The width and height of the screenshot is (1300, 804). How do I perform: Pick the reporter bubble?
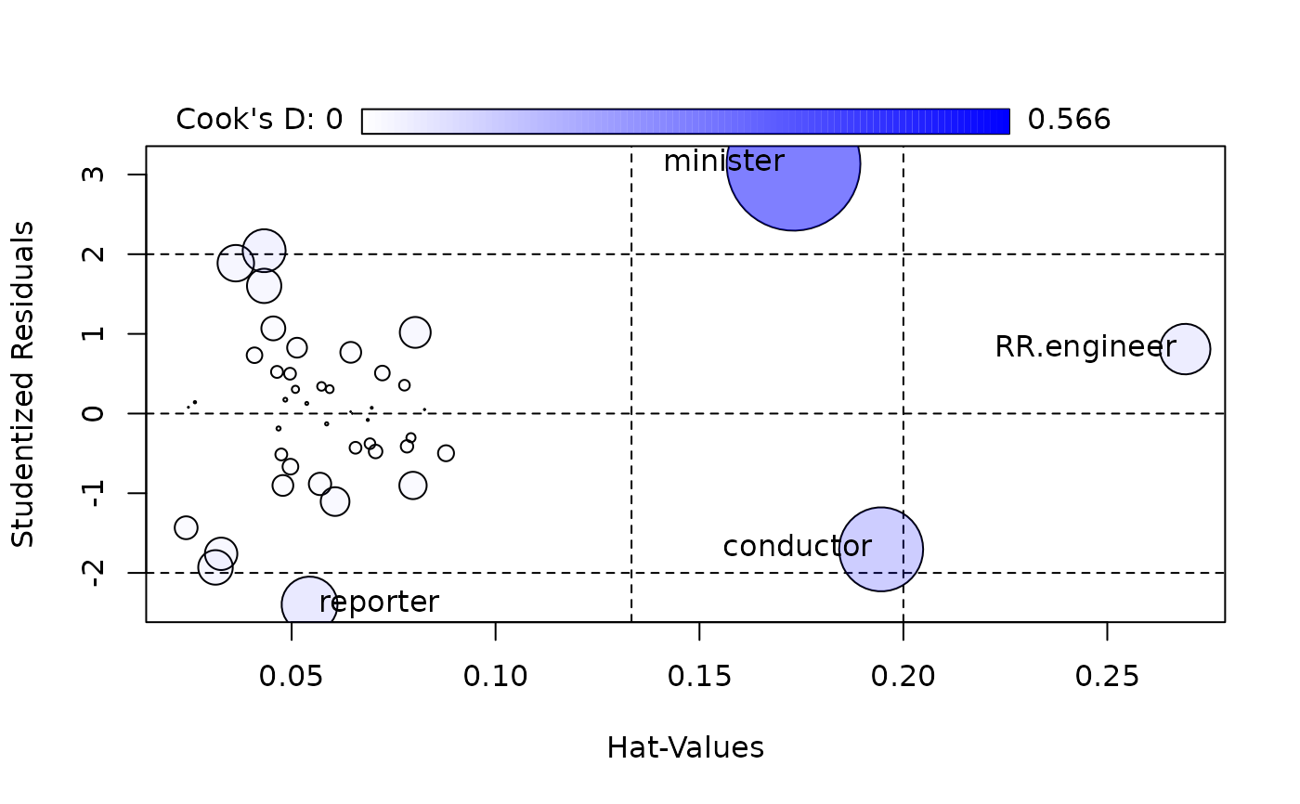308,603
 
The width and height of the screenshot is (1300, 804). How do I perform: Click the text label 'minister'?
723,162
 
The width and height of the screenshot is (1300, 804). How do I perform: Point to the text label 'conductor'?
797,547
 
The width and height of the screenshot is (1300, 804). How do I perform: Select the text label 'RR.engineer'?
1085,347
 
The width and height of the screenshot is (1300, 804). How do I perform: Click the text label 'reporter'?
379,603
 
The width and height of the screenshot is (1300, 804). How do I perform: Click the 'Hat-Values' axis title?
685,748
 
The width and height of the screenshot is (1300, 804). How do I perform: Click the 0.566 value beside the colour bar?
1069,120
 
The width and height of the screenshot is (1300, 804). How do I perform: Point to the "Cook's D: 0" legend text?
259,120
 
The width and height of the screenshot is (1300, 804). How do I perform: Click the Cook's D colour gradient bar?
685,122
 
